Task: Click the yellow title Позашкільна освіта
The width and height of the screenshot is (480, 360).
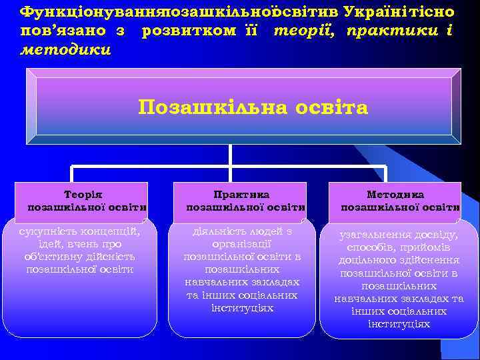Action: tap(253, 107)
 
